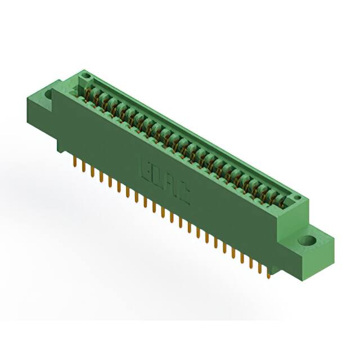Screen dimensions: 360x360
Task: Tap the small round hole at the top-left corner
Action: coord(85,74)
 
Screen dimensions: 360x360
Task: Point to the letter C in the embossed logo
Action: coord(184,194)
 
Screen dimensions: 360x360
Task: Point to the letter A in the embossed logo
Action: coord(170,186)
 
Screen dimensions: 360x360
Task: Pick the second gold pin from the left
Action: coord(84,167)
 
